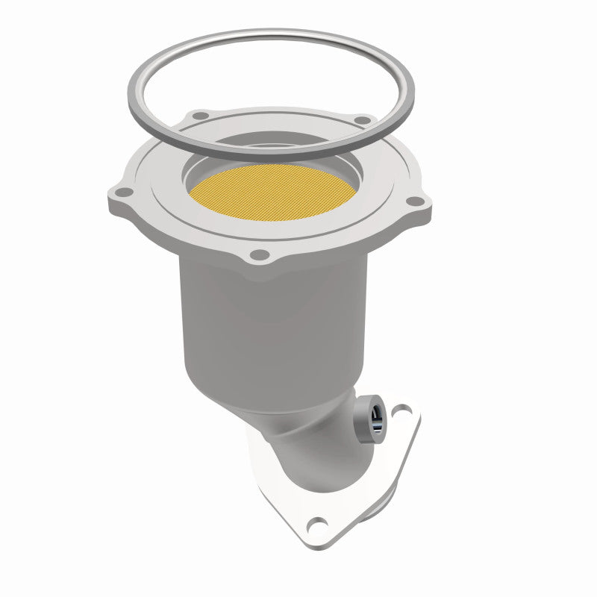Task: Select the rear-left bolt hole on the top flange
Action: pos(200,116)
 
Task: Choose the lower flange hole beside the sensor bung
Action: pos(403,409)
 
